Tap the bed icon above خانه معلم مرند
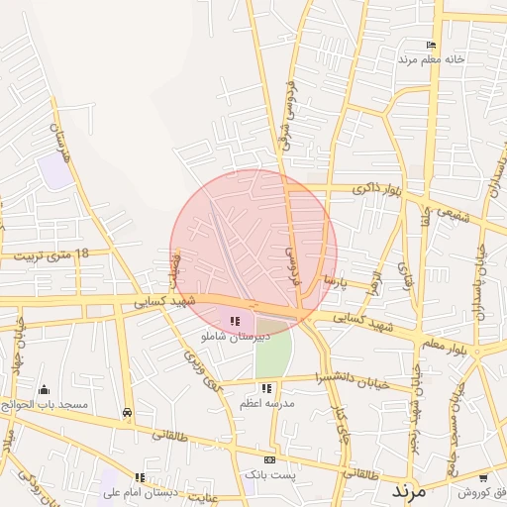[x=430, y=46]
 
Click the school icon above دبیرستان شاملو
[x=235, y=321]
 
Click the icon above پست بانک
[x=268, y=460]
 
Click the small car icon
[x=127, y=413]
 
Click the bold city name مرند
[x=408, y=490]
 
